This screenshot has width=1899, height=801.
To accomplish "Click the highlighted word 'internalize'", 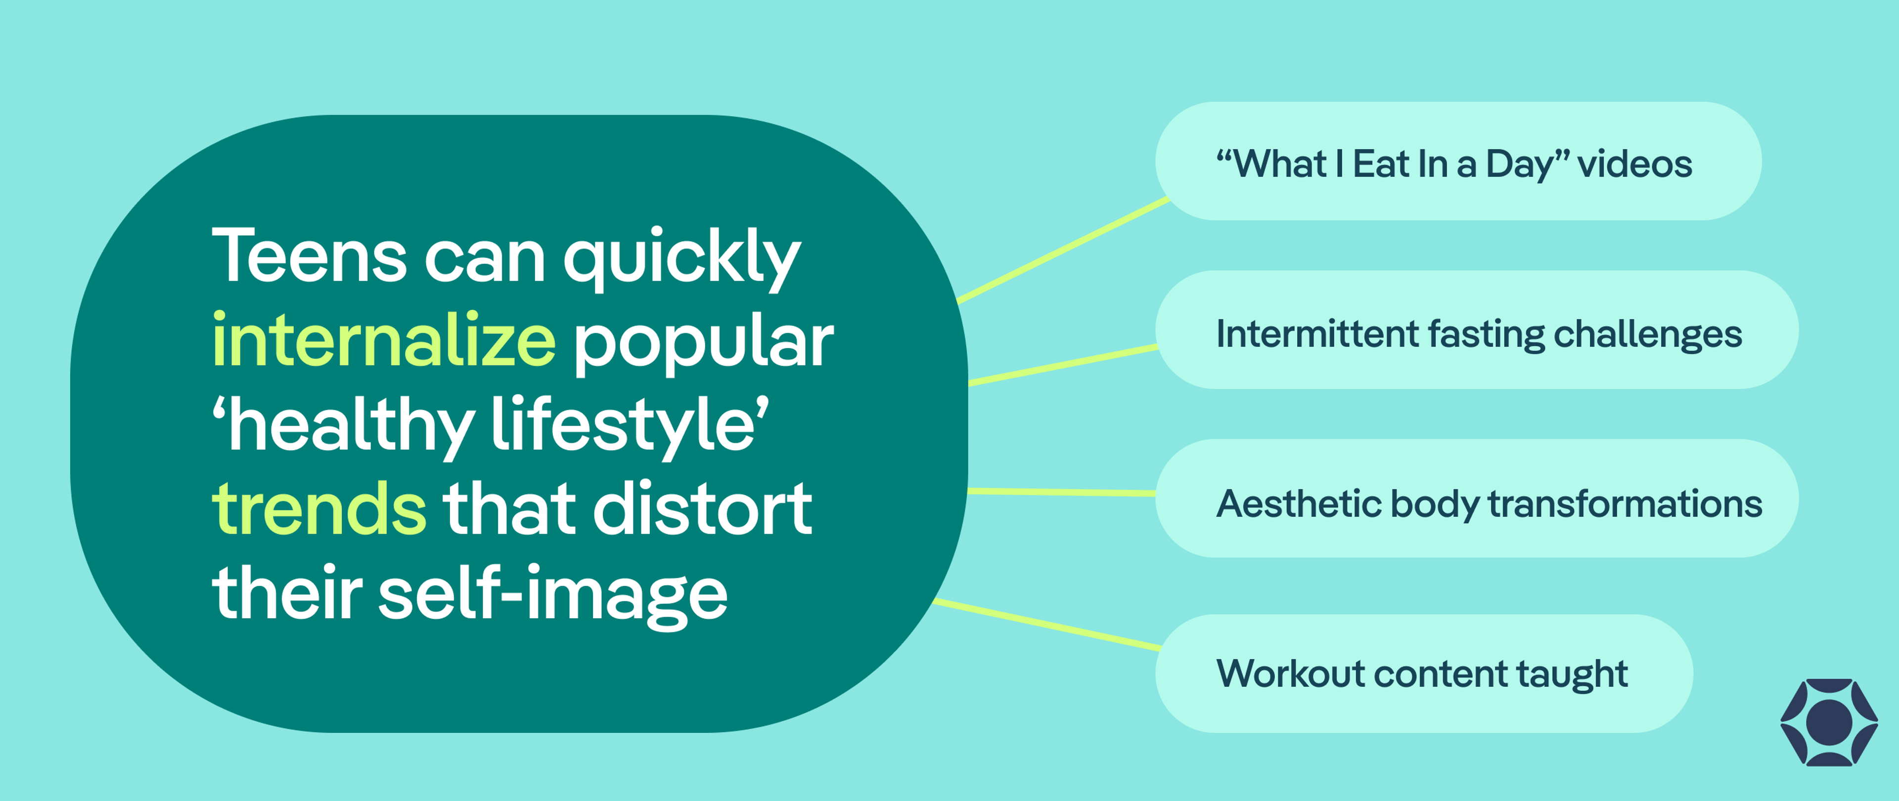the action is pyautogui.click(x=383, y=339).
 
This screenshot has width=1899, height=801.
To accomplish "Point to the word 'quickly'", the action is pyautogui.click(x=682, y=258).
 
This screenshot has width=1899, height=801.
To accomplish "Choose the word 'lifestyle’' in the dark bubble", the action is pyautogui.click(x=630, y=426).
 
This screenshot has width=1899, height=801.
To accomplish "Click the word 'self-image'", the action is pyautogui.click(x=553, y=594).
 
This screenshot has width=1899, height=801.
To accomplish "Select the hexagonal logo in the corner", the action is pyautogui.click(x=1828, y=722).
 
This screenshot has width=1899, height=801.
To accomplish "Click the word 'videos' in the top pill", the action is pyautogui.click(x=1634, y=164).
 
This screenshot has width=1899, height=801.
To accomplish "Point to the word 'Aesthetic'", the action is pyautogui.click(x=1298, y=504).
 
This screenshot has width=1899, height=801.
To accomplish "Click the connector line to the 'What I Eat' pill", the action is pyautogui.click(x=1063, y=250).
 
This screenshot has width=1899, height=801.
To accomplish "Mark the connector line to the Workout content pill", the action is pyautogui.click(x=1047, y=625).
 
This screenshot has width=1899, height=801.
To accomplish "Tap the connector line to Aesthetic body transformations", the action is pyautogui.click(x=1062, y=492).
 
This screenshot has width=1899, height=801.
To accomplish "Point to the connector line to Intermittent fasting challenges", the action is pyautogui.click(x=1063, y=365).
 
